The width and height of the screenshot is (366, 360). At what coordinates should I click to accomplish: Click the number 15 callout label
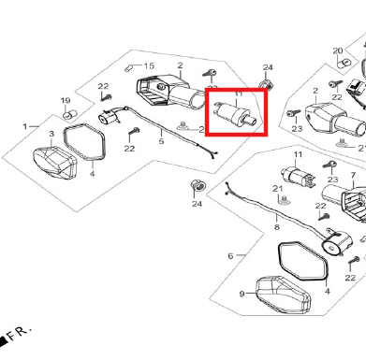tap(149, 65)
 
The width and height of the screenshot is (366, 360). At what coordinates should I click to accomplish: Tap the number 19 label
tap(66, 101)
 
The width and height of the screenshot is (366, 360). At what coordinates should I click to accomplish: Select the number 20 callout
tap(338, 50)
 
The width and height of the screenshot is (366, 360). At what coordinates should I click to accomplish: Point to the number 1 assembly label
tap(25, 126)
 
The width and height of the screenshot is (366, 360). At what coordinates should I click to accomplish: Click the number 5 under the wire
tap(161, 141)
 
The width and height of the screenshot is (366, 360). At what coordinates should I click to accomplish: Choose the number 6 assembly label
tap(230, 256)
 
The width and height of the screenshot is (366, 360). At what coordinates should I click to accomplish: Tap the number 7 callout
tap(353, 176)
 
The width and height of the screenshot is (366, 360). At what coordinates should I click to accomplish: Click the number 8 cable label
tap(277, 227)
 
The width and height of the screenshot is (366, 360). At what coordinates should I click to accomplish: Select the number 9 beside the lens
tap(242, 294)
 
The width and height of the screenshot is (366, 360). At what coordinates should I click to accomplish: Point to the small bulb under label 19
tap(68, 115)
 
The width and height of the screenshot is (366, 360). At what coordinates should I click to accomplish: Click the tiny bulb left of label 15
tap(128, 68)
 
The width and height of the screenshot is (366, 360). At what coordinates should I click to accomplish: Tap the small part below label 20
tap(344, 63)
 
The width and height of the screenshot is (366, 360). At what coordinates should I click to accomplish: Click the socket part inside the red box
tap(236, 114)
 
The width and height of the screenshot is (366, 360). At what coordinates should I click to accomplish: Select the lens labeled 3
tap(55, 163)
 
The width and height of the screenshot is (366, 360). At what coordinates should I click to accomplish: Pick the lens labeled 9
tap(284, 295)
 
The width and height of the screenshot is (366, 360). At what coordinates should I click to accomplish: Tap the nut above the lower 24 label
tap(198, 185)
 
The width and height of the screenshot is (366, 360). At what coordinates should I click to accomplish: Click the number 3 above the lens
tap(51, 134)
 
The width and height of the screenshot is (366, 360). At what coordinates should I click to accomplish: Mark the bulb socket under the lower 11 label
tap(298, 177)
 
